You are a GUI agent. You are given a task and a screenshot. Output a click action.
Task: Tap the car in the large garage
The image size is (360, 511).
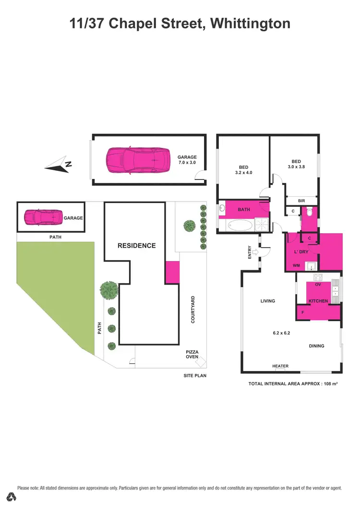pyautogui.click(x=138, y=160)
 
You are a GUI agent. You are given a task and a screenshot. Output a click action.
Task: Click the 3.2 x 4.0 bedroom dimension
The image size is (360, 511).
pyautogui.click(x=243, y=172)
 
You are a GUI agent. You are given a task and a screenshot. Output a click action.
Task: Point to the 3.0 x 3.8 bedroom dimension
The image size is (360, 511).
pyautogui.click(x=296, y=167)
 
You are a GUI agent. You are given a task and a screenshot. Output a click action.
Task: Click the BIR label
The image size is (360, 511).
pyautogui.click(x=301, y=201)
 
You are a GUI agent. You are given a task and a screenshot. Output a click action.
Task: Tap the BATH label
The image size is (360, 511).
pyautogui.click(x=243, y=209)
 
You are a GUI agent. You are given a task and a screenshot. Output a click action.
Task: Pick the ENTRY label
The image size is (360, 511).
pyautogui.click(x=250, y=252)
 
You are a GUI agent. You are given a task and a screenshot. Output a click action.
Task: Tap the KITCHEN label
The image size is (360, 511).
pyautogui.click(x=318, y=301)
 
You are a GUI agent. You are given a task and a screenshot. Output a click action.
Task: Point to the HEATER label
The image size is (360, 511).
pyautogui.click(x=280, y=366)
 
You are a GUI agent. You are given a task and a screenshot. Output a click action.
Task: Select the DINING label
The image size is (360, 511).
pyautogui.click(x=316, y=345)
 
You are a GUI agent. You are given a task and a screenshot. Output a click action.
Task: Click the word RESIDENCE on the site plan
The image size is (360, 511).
pyautogui.click(x=137, y=245)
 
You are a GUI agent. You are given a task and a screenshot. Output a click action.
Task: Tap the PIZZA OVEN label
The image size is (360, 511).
pyautogui.click(x=192, y=354)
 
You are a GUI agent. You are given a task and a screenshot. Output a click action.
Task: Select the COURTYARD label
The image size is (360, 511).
pyautogui.click(x=193, y=309)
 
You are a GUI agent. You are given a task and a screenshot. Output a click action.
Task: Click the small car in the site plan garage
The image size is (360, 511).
pyautogui.click(x=44, y=217)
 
